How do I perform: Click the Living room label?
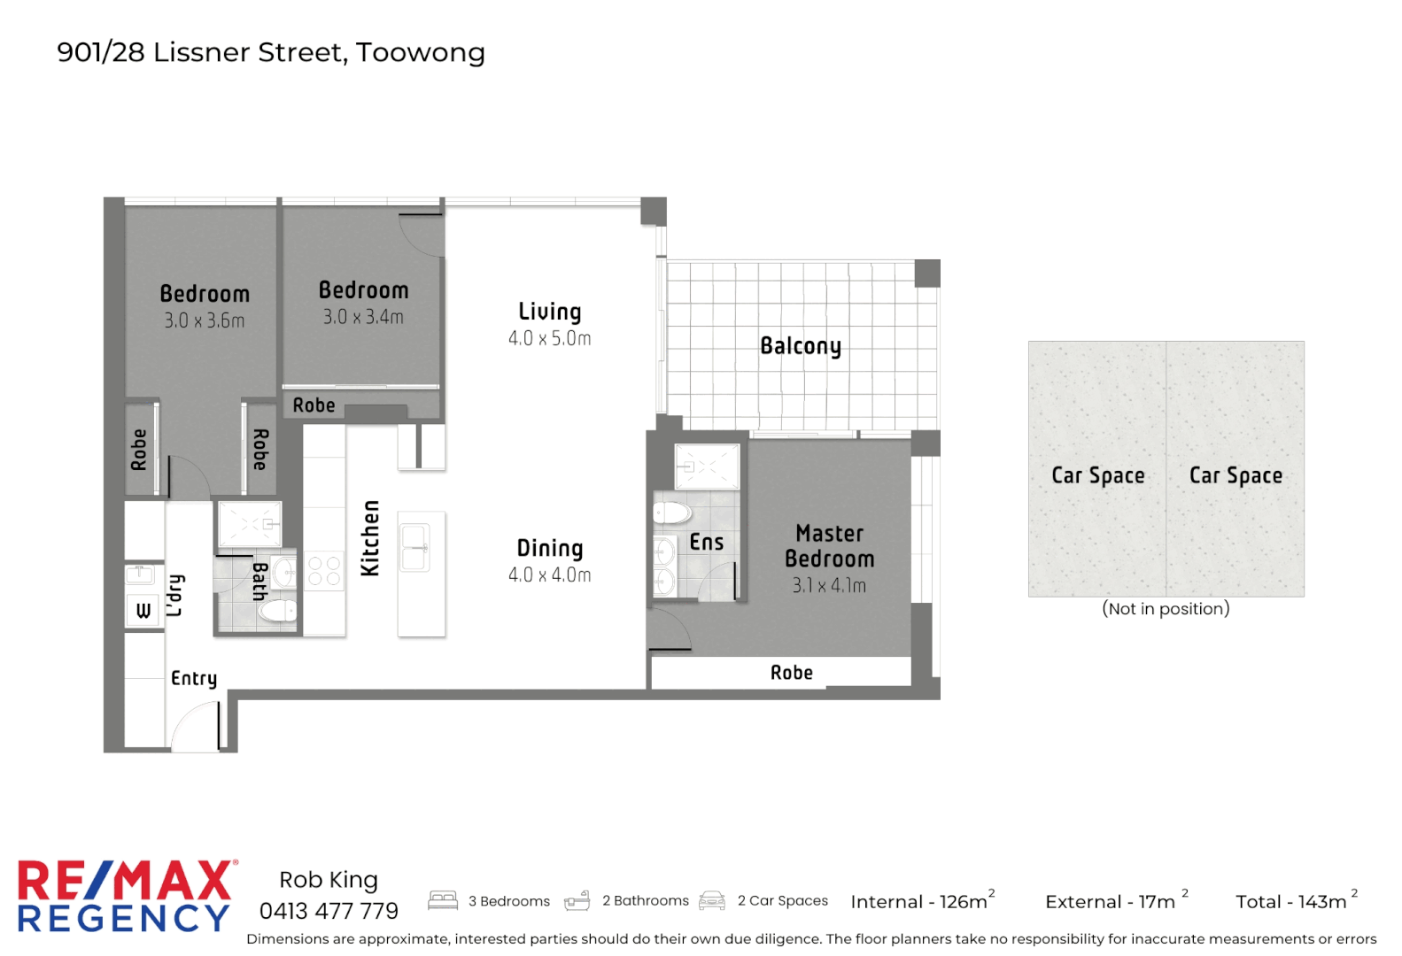549,312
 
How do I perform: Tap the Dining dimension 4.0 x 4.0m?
549,575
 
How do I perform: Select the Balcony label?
801,346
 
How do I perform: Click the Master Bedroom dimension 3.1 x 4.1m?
829,586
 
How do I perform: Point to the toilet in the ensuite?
671,513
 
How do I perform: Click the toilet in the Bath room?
277,611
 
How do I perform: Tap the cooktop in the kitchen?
324,571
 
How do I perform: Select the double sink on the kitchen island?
415,548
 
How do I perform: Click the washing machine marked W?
143,610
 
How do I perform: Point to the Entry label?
194,679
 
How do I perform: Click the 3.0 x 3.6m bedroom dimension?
204,321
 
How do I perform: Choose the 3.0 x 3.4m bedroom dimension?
363,317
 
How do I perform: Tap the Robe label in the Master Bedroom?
791,673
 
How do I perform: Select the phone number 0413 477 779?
329,911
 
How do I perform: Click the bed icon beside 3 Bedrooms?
443,900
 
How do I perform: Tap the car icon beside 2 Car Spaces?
712,900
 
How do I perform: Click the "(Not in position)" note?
1166,609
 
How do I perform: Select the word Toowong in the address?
421,52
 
